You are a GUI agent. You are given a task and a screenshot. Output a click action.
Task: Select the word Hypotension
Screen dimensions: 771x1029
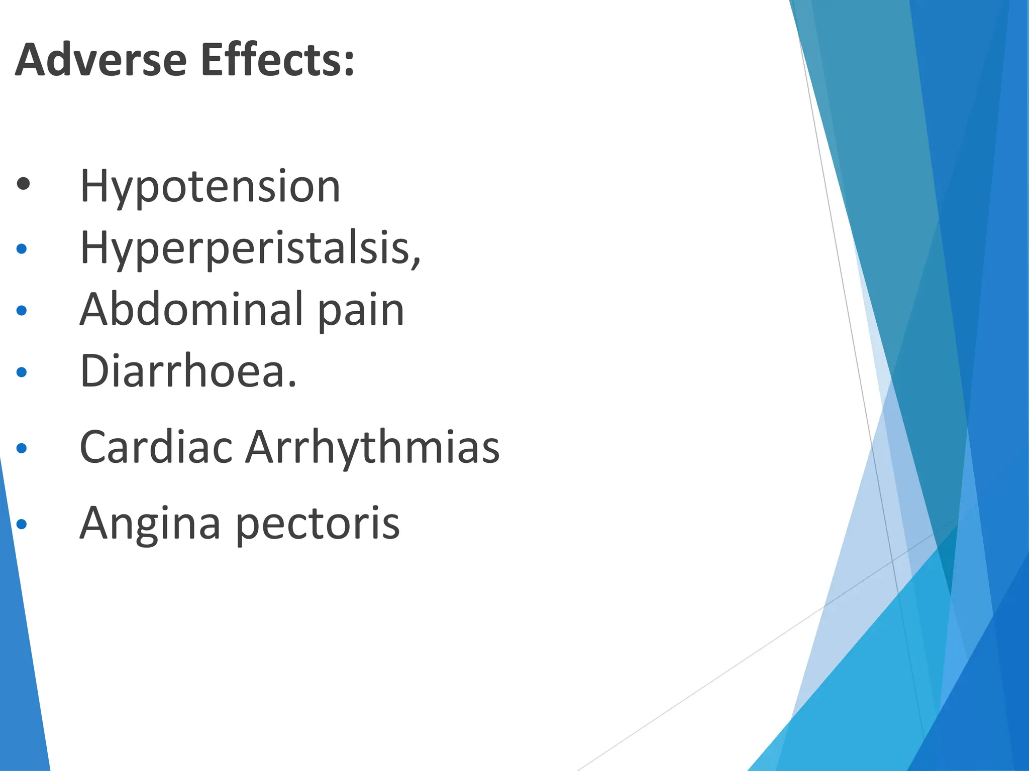(x=210, y=187)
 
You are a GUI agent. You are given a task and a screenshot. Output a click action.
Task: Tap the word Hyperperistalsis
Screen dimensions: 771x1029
(x=246, y=248)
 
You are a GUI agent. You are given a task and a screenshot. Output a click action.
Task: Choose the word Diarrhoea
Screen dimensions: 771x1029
(x=183, y=371)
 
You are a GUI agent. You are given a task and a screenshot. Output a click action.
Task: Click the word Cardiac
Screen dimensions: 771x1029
(x=156, y=447)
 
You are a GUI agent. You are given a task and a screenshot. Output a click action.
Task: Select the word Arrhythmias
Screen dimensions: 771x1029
(x=372, y=447)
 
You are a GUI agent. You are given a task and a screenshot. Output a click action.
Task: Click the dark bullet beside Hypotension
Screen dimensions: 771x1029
(x=23, y=184)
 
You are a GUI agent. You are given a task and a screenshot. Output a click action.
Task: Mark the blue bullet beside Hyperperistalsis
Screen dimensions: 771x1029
(x=22, y=248)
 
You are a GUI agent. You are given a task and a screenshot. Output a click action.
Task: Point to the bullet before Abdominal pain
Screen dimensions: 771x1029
(x=22, y=311)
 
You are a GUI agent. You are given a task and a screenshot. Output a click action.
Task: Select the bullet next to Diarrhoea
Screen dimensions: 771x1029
(x=22, y=372)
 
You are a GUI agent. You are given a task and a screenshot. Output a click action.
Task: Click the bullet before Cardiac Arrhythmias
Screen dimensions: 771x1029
(x=22, y=448)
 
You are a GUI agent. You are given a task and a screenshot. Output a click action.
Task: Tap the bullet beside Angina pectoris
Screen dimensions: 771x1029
(x=22, y=525)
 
